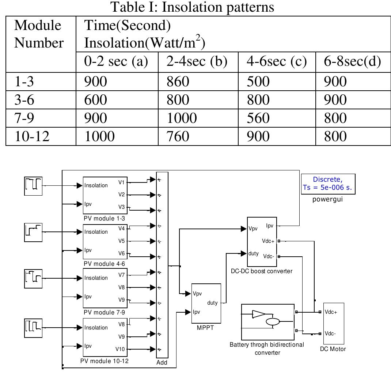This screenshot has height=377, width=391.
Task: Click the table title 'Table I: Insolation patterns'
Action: (x=192, y=7)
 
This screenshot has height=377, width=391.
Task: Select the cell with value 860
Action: (x=178, y=81)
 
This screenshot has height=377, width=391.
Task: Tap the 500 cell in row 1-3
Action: (x=258, y=81)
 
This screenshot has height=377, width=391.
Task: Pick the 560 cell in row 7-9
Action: (x=258, y=118)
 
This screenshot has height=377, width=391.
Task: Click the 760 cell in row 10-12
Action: (x=178, y=136)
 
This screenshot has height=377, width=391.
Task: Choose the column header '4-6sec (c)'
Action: (x=277, y=62)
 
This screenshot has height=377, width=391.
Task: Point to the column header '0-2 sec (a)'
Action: (x=116, y=62)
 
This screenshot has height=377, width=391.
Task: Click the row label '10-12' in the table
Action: (x=31, y=136)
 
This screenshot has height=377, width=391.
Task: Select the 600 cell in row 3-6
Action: (x=95, y=99)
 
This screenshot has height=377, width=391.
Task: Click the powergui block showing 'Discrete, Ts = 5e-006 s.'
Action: (x=328, y=184)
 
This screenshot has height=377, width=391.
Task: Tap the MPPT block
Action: (x=206, y=303)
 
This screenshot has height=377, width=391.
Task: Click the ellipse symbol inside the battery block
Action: (x=272, y=322)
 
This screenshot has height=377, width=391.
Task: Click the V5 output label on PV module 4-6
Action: (x=122, y=241)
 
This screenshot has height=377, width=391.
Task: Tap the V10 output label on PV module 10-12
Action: (x=120, y=349)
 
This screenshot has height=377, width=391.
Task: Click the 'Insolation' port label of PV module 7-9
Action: (x=96, y=278)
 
